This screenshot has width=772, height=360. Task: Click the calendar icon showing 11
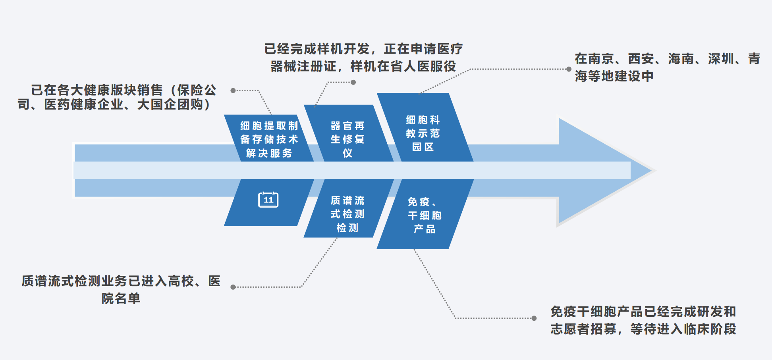point(268,200)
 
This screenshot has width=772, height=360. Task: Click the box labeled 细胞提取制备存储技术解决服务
point(269,139)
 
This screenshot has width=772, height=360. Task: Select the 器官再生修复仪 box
point(347,139)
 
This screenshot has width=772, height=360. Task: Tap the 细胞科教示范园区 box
point(423,133)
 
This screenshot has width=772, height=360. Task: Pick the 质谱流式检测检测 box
point(347,214)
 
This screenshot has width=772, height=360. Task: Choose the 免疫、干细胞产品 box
point(424,215)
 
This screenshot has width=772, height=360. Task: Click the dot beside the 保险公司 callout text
point(233,90)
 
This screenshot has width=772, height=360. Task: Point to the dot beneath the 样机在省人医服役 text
point(353,82)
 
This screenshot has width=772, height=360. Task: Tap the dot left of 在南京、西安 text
point(569,69)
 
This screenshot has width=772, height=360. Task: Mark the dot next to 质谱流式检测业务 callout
point(233,287)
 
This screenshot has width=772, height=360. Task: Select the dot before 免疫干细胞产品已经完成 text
point(534,318)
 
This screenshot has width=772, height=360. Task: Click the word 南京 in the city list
point(601,59)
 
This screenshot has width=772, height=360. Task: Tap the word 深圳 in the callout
point(721,59)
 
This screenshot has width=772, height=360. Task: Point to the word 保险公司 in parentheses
point(197,90)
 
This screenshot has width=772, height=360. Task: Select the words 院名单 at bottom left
point(121,298)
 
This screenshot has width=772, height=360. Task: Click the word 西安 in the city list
point(641,59)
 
